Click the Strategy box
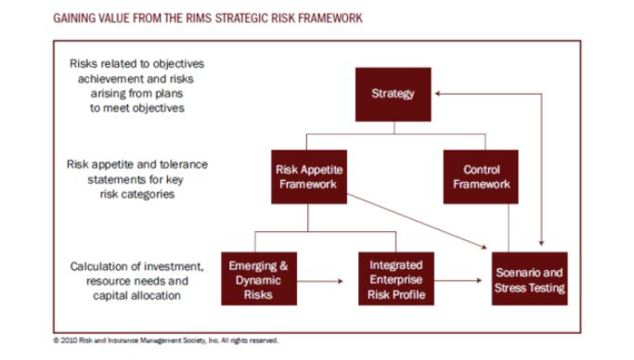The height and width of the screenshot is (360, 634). coord(393,94)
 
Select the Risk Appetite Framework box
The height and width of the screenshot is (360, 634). coord(310,177)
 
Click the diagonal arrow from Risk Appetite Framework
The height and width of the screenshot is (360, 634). coord(418,223)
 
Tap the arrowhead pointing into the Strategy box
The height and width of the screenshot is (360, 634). coord(438,94)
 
